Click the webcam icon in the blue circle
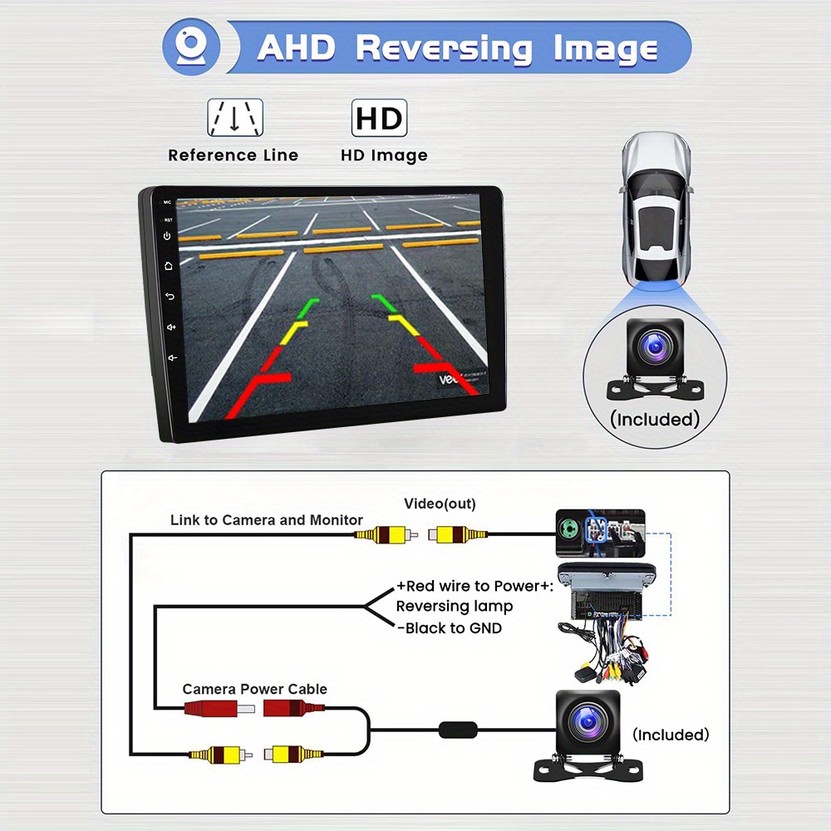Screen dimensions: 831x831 [191, 47]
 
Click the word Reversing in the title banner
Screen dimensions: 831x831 [444, 49]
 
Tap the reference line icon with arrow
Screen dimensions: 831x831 [235, 117]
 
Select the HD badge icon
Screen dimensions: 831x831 [380, 118]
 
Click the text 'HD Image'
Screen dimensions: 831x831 [384, 155]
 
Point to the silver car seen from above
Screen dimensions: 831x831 [656, 209]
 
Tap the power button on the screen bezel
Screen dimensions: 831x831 [167, 236]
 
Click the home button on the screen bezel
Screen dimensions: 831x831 [169, 266]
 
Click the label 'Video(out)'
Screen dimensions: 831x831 [440, 504]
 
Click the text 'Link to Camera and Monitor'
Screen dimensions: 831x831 [267, 520]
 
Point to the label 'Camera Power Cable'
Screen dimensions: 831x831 [255, 689]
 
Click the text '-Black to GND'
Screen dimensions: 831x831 [450, 628]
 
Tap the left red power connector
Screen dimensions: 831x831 [219, 708]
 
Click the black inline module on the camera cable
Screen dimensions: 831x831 [458, 730]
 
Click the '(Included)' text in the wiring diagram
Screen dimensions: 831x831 [671, 735]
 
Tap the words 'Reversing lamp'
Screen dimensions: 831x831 [455, 607]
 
